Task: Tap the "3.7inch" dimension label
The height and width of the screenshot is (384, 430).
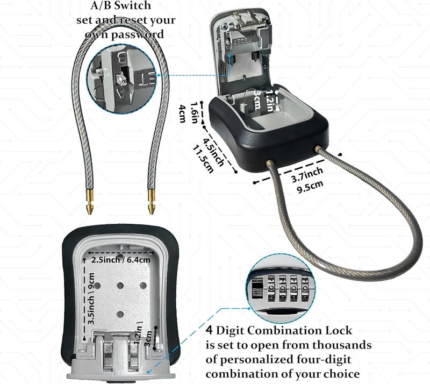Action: pos(307,175)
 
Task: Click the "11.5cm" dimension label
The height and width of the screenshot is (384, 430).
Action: pos(203,159)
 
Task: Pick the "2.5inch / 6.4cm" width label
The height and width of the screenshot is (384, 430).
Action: pos(120,260)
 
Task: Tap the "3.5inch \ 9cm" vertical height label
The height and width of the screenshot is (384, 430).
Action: pos(91,298)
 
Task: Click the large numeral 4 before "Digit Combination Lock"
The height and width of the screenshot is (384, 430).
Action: pos(209,330)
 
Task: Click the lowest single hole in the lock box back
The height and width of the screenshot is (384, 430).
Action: pos(120,314)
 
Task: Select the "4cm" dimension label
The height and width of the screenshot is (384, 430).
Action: pos(182,113)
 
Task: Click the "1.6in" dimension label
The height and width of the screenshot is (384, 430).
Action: pos(195,113)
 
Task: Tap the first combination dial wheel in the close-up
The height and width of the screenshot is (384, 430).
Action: pos(271,288)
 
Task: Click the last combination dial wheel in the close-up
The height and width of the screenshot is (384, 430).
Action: pos(305,288)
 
